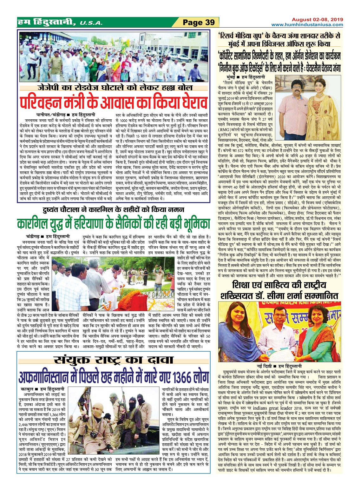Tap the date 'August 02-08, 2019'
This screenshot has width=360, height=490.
317,19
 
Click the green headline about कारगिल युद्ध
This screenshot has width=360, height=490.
114,223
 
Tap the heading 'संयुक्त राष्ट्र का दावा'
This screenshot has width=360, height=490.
114,361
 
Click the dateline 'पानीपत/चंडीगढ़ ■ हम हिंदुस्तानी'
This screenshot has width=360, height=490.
65,115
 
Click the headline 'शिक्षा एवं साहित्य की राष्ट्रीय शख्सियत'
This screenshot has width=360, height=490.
279,290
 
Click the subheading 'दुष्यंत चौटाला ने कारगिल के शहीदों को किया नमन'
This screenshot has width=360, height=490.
114,209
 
